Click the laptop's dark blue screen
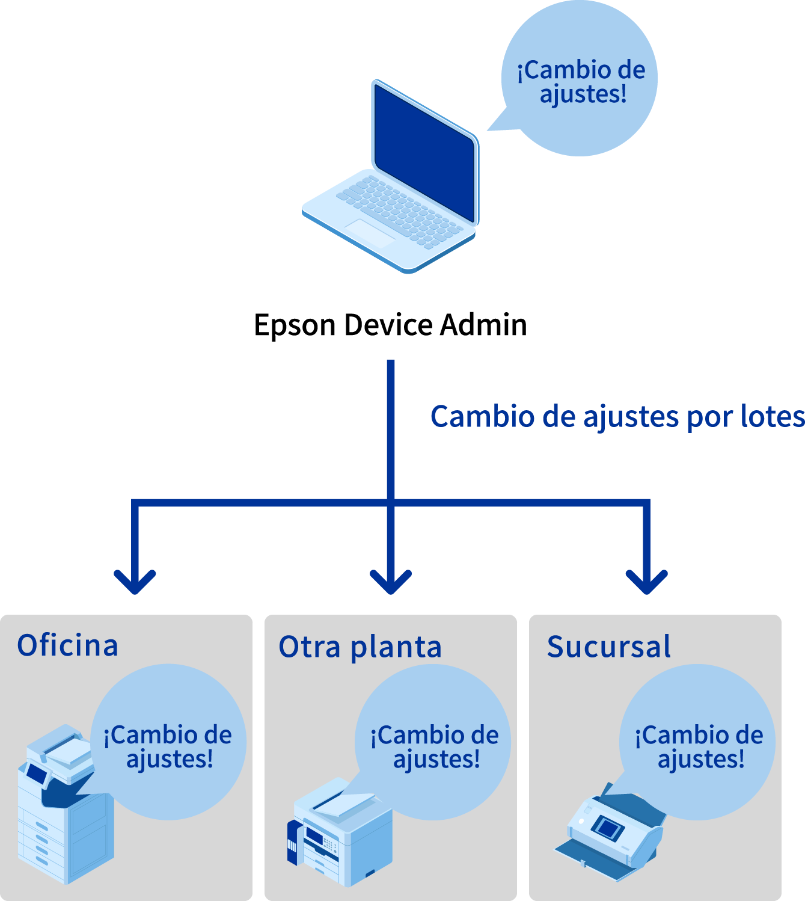point(424,153)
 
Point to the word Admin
point(483,325)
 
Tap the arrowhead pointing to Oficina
point(135,581)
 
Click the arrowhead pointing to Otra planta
point(391,581)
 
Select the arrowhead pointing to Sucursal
point(646,581)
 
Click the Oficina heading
point(67,645)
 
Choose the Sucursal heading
point(608,647)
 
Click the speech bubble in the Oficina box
point(168,742)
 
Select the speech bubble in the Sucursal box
point(697,742)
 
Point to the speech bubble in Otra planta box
point(433,742)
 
